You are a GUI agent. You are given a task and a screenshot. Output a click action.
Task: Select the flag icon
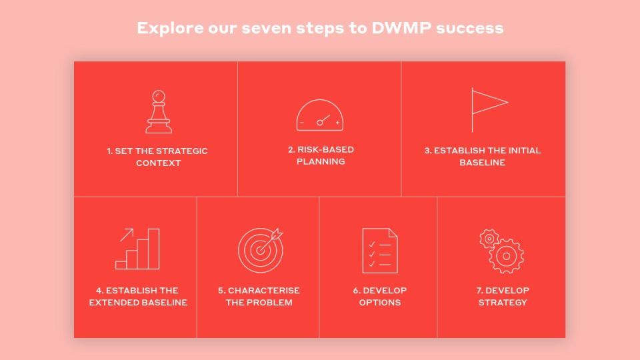[x=473, y=110]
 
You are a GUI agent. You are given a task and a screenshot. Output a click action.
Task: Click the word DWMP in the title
[x=401, y=28]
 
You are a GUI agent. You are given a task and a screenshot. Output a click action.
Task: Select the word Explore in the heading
[x=170, y=29]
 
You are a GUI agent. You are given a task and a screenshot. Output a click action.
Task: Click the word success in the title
[x=469, y=29]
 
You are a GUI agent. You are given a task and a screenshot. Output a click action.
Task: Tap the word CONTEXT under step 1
[x=159, y=163]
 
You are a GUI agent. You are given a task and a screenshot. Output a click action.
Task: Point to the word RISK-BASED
[x=326, y=149]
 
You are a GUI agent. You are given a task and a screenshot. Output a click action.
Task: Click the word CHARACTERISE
[x=264, y=290]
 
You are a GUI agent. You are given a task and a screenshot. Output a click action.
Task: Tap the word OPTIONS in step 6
[x=379, y=303]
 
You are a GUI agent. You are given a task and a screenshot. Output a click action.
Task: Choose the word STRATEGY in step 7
[x=503, y=303]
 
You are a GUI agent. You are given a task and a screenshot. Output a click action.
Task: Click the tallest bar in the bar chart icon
[x=153, y=249]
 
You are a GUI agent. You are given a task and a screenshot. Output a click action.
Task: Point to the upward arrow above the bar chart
[x=127, y=235]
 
